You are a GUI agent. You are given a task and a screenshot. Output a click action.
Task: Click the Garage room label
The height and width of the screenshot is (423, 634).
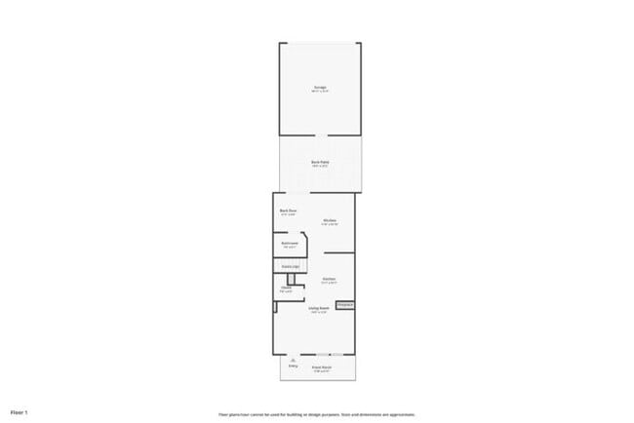coord(320,88)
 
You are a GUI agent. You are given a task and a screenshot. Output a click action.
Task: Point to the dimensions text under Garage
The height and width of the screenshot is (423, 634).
coord(320,93)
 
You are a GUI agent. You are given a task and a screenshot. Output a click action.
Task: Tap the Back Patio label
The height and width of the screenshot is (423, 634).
coord(320,162)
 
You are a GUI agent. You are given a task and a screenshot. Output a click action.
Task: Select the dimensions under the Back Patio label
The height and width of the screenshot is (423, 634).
coord(320,167)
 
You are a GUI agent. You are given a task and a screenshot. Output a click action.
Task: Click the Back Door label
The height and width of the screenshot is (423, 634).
coord(288,211)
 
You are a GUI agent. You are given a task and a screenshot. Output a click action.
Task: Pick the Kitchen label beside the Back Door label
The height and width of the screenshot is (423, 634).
coord(330,220)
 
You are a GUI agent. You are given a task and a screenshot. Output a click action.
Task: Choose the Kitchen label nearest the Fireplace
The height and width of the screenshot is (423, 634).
coord(329,280)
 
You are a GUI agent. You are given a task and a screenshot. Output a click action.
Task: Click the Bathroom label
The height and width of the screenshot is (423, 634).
coord(289,243)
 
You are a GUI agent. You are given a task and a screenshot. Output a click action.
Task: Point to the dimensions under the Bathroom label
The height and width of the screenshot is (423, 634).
coord(289,248)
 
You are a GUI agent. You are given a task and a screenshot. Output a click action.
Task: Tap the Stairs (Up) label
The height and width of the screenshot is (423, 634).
coord(290,266)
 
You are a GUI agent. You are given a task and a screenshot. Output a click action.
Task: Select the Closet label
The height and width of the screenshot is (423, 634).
coord(286,288)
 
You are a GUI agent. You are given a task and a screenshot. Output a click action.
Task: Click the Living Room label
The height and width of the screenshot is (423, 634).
coord(318,308)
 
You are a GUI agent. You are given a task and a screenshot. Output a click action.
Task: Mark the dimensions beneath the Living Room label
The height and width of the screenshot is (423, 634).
coord(318,313)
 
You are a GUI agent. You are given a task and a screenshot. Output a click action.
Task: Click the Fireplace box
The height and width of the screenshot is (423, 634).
coord(345,305)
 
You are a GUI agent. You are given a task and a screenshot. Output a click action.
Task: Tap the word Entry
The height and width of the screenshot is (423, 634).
coord(293,366)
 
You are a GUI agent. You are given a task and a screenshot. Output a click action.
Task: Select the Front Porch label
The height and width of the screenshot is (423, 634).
coord(322,367)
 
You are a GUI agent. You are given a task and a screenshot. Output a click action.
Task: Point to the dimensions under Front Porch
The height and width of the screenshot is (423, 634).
coord(322,372)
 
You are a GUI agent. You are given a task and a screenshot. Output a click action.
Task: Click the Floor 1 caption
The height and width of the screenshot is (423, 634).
coord(20,412)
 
